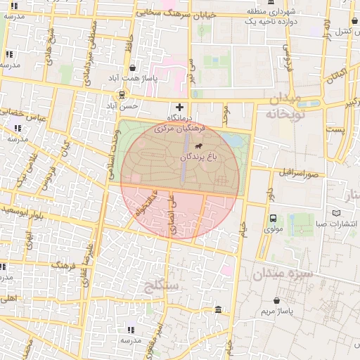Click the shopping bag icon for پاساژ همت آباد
pos(132,68)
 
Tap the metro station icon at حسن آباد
pos(122,94)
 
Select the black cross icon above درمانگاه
pos(179,106)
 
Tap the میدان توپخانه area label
pos(283,105)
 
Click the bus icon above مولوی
pos(274,218)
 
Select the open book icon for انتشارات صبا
pos(337,213)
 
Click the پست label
pos(338,129)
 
